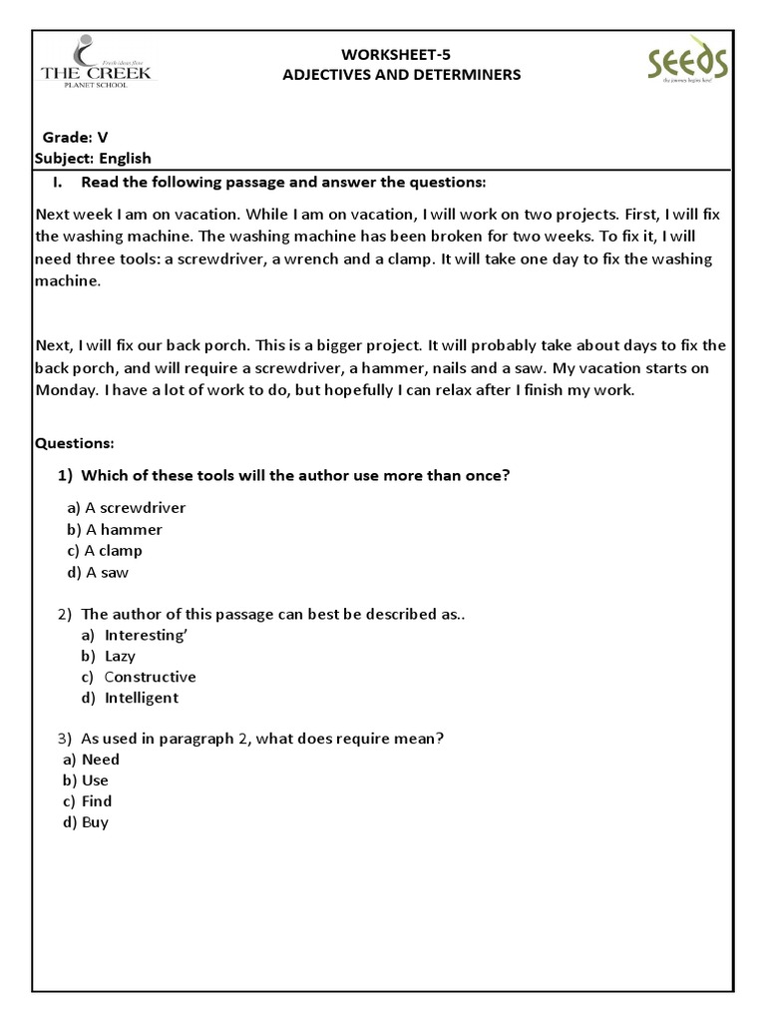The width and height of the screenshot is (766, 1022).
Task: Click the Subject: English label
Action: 93,158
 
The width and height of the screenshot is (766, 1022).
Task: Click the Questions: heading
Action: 75,442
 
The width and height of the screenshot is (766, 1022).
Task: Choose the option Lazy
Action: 120,656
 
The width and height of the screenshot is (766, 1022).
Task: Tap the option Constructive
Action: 150,677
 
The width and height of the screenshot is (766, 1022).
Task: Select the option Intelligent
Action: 142,698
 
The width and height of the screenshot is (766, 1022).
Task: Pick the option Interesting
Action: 146,635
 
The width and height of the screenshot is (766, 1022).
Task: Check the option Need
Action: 100,760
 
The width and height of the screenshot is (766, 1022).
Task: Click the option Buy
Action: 96,822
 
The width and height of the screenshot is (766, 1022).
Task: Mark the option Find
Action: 97,801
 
